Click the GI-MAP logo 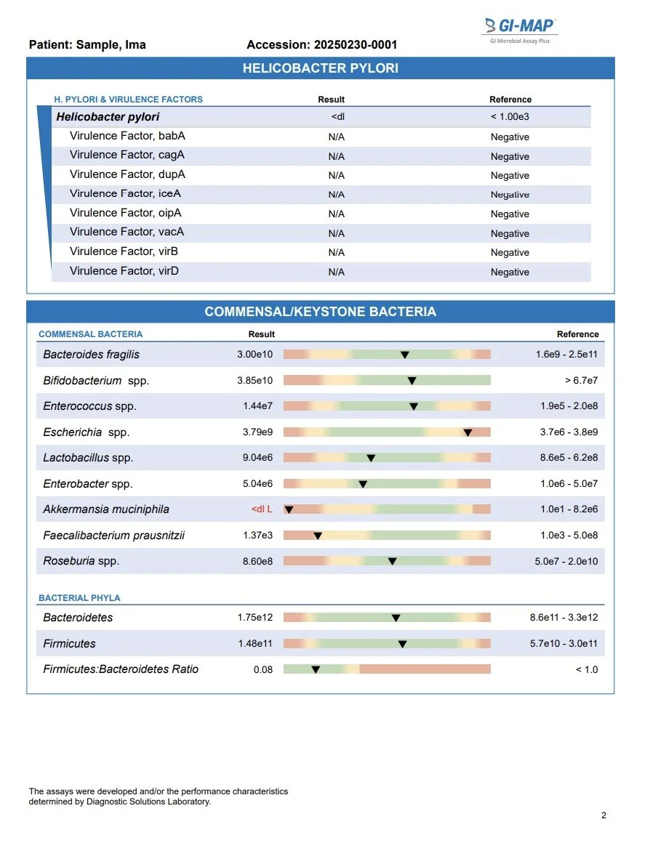[x=520, y=28]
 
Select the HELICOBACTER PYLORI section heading [x=320, y=69]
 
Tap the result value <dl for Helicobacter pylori [x=337, y=117]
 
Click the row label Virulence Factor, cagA [x=127, y=155]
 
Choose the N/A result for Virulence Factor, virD [x=336, y=272]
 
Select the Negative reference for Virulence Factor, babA [x=510, y=137]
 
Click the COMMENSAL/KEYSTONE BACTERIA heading [x=320, y=312]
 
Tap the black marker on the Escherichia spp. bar [x=468, y=432]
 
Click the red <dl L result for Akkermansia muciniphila [x=262, y=509]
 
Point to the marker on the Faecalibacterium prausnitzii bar [x=318, y=536]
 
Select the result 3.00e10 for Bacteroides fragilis [x=254, y=355]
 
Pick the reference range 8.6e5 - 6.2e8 [x=569, y=458]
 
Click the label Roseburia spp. [x=81, y=561]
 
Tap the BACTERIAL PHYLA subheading [x=79, y=598]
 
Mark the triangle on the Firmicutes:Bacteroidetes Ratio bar [x=316, y=670]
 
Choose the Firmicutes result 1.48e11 [x=255, y=644]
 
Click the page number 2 [x=603, y=815]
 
